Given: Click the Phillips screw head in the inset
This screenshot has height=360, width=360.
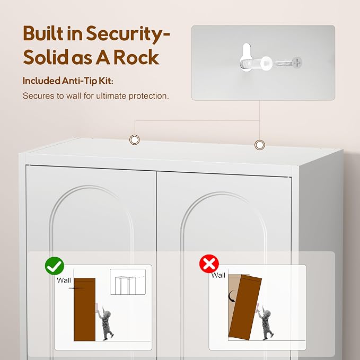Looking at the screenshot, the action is (x=297, y=63).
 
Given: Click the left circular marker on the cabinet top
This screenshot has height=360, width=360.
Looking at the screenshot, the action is (x=135, y=139).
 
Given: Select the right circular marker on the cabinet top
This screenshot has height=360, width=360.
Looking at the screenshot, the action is (x=259, y=145).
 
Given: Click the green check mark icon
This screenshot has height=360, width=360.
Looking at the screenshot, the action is (x=55, y=266).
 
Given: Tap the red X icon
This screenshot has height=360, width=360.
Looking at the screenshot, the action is (x=209, y=264).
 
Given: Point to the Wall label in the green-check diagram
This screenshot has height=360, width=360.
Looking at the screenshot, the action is (x=64, y=280).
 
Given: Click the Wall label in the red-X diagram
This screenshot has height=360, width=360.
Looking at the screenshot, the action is (x=218, y=275).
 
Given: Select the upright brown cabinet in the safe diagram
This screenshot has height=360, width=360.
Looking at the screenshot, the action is (x=85, y=309).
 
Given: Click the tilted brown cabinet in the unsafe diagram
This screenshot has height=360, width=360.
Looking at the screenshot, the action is (x=245, y=308).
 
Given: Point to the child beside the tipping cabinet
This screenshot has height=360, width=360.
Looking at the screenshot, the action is (x=266, y=322).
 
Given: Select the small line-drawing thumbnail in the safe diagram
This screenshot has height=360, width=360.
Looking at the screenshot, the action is (x=128, y=282).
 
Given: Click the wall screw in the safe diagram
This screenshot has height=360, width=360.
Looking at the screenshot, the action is (x=74, y=288).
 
